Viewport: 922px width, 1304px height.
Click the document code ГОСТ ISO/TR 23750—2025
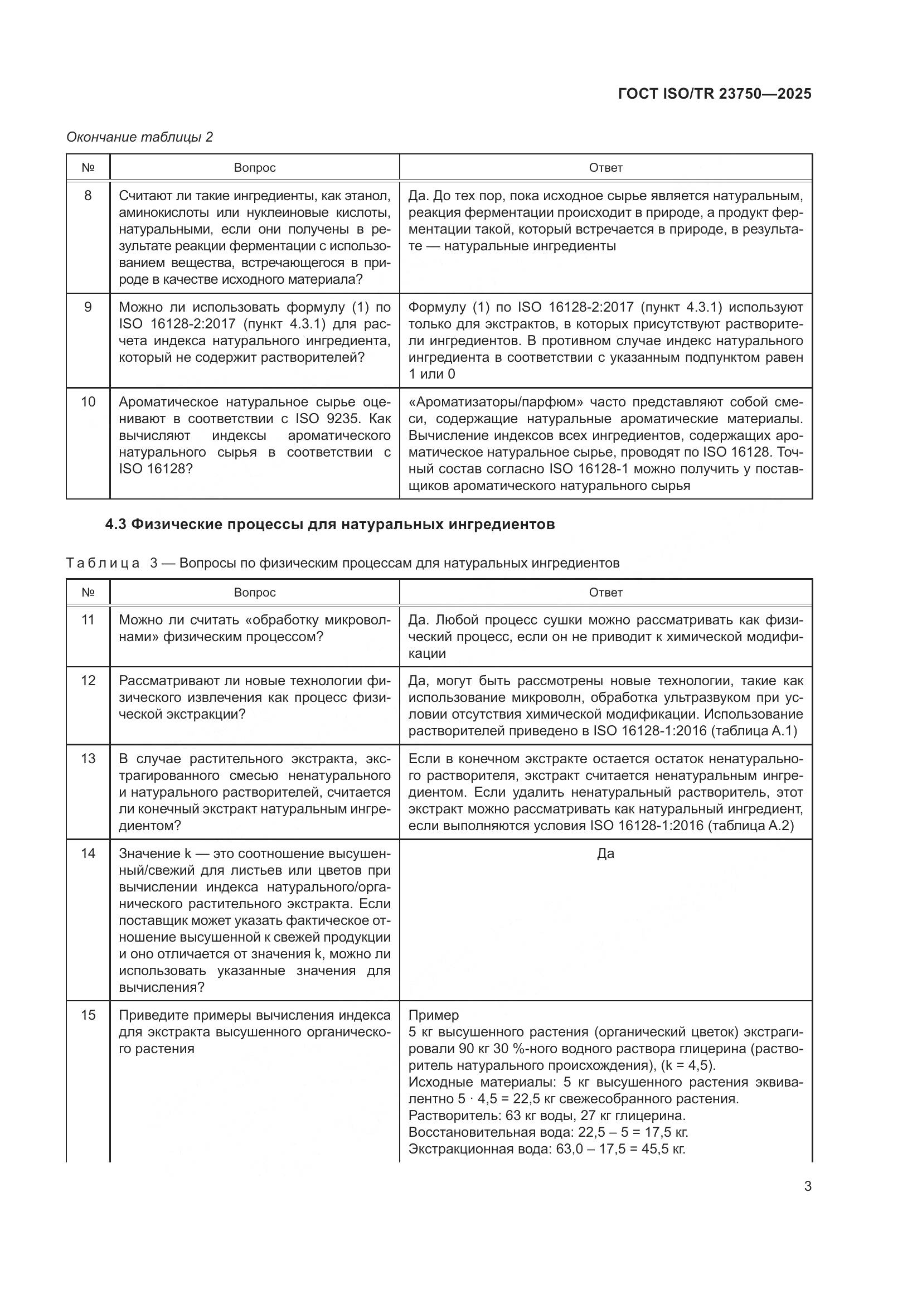714,94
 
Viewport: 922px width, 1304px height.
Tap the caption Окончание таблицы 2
140,137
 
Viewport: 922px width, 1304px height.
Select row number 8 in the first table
88,196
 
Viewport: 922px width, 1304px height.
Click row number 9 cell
88,307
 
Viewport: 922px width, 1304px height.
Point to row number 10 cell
88,402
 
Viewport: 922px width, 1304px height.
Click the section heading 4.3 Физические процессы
329,524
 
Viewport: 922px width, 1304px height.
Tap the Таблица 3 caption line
342,563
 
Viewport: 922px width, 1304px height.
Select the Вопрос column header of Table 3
254,593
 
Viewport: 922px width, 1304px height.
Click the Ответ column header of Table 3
605,593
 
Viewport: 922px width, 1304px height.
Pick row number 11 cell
88,619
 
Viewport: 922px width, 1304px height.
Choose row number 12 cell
88,680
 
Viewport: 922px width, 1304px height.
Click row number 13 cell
88,759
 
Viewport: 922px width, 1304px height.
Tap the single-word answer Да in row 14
605,854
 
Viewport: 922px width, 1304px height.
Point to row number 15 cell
88,1015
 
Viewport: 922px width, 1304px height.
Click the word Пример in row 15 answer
433,1015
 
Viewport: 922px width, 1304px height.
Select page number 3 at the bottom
807,1186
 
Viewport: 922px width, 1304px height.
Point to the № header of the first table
88,168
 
